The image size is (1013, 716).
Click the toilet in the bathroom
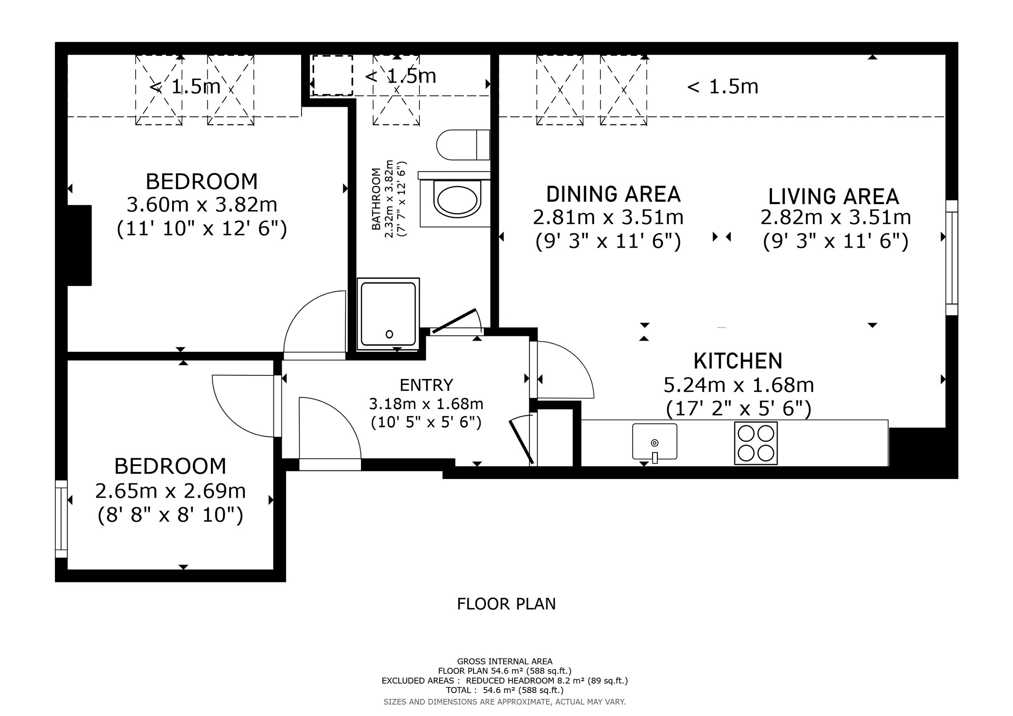(x=463, y=145)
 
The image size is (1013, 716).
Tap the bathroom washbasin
(x=457, y=200)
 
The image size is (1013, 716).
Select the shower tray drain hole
(x=389, y=334)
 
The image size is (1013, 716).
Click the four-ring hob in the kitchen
(x=756, y=443)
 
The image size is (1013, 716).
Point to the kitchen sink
(x=655, y=441)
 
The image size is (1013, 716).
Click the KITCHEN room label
(x=738, y=361)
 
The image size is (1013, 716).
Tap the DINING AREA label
(x=613, y=194)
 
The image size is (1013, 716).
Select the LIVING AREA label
(x=833, y=197)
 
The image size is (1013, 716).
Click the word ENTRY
(x=426, y=385)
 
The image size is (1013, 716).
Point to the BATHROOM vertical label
(x=376, y=199)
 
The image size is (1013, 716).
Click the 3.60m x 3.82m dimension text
(x=202, y=205)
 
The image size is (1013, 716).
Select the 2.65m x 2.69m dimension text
(x=170, y=491)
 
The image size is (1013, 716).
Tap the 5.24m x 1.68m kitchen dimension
(x=738, y=385)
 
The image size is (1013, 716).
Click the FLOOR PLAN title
(x=506, y=604)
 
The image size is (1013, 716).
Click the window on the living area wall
(x=952, y=258)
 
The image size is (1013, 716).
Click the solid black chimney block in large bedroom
(x=80, y=245)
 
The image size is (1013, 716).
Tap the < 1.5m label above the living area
(x=723, y=87)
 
